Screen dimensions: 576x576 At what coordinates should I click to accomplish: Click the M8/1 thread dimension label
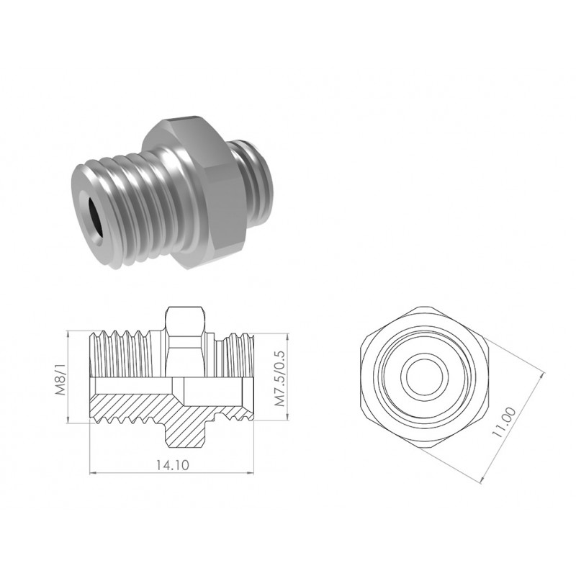pos(60,380)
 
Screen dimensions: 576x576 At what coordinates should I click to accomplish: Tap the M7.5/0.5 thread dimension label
pos(280,379)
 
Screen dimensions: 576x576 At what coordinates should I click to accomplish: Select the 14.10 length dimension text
pos(172,465)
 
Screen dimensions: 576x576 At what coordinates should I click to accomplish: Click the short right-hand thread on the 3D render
pos(256,182)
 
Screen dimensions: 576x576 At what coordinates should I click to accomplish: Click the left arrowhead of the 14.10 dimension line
pos(93,473)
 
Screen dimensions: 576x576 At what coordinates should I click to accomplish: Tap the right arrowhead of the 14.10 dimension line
pos(251,473)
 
